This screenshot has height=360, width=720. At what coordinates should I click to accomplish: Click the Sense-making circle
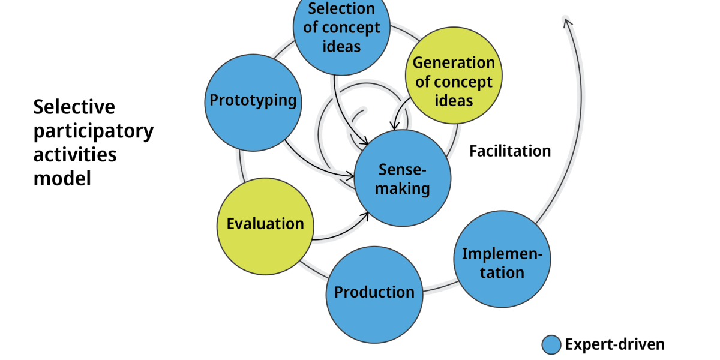(x=402, y=178)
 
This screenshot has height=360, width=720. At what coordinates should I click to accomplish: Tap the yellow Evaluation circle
(x=265, y=225)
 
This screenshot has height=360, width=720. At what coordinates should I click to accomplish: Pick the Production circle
(x=374, y=294)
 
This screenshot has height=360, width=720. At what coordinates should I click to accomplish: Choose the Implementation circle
(x=502, y=259)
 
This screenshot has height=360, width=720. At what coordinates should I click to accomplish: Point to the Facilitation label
(x=510, y=151)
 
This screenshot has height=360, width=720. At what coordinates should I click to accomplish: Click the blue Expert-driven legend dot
(x=551, y=345)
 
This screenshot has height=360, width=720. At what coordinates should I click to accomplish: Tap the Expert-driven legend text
(x=615, y=345)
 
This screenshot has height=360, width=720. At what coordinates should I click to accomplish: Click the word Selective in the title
(x=74, y=107)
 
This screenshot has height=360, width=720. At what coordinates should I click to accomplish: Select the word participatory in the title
(x=94, y=131)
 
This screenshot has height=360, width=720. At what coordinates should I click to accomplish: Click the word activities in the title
(x=75, y=155)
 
